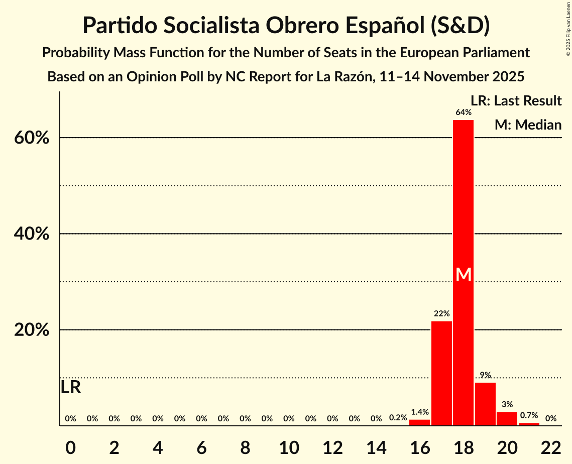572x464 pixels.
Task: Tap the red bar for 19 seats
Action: [485, 404]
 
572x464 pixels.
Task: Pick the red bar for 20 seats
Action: [507, 419]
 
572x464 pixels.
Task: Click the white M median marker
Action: [464, 275]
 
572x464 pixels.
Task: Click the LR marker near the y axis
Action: [71, 387]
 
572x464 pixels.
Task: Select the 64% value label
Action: [464, 112]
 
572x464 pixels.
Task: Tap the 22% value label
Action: [441, 314]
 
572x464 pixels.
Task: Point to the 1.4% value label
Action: [419, 412]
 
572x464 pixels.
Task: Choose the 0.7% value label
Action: [529, 415]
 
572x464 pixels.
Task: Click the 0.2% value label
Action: [398, 418]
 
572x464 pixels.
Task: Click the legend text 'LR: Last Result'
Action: [516, 101]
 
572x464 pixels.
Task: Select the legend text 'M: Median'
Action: [528, 125]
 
